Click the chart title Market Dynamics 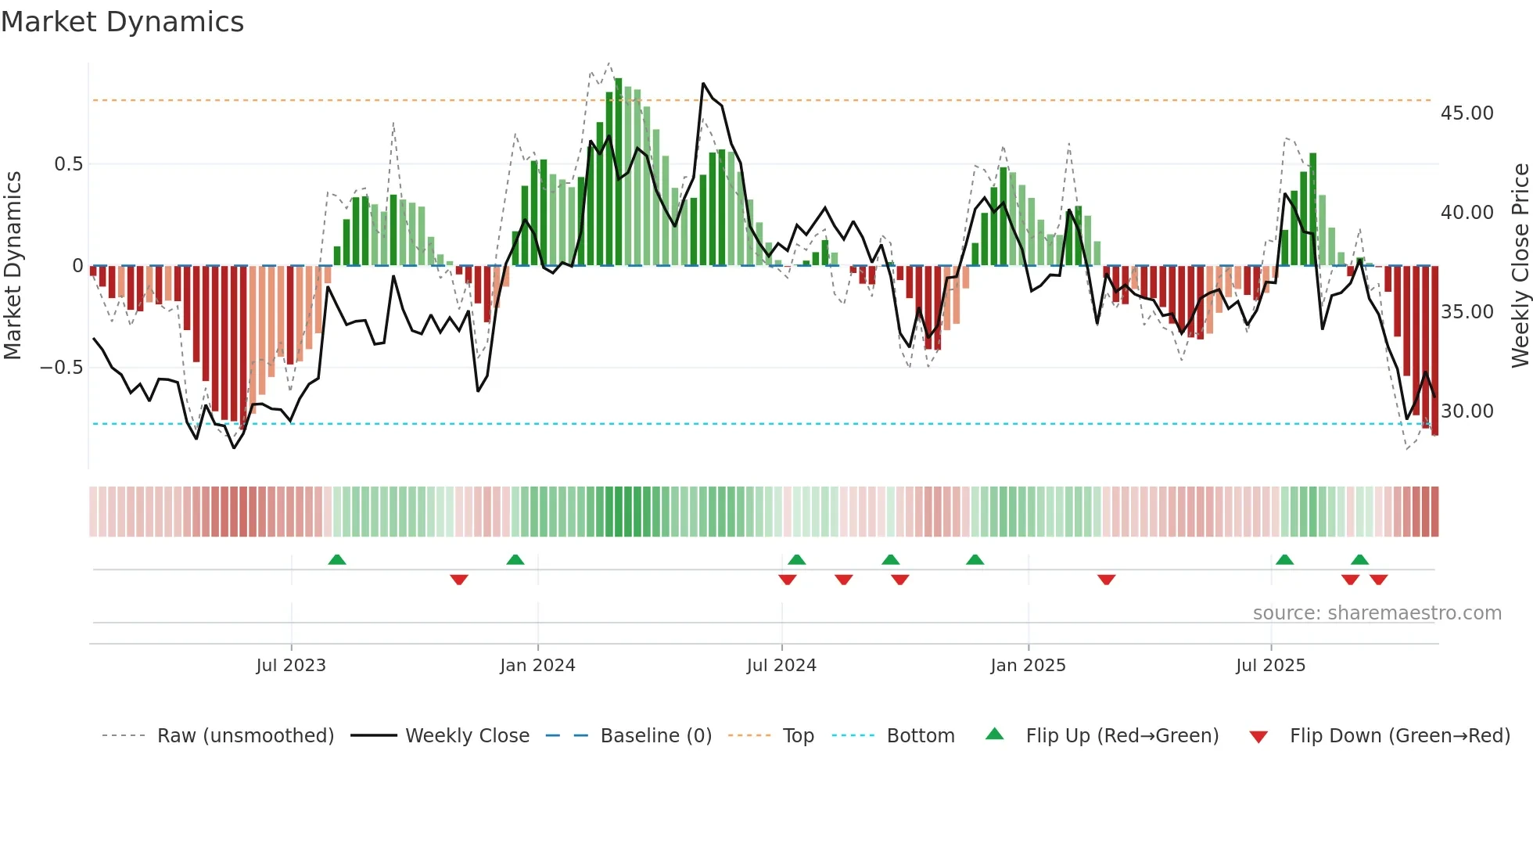point(122,22)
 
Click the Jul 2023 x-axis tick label point(291,666)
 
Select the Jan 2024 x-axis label point(537,666)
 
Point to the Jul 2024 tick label point(781,666)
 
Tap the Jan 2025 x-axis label point(1028,666)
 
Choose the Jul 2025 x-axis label point(1271,666)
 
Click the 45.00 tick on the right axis point(1467,113)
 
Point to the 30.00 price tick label point(1467,411)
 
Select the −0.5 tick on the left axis point(61,368)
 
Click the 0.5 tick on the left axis point(68,164)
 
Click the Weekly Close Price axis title point(1520,266)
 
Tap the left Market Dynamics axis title point(13,266)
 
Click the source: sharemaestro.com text point(1377,613)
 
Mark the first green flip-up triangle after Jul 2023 point(337,560)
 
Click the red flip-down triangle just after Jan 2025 point(1106,580)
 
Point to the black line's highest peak point(703,84)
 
